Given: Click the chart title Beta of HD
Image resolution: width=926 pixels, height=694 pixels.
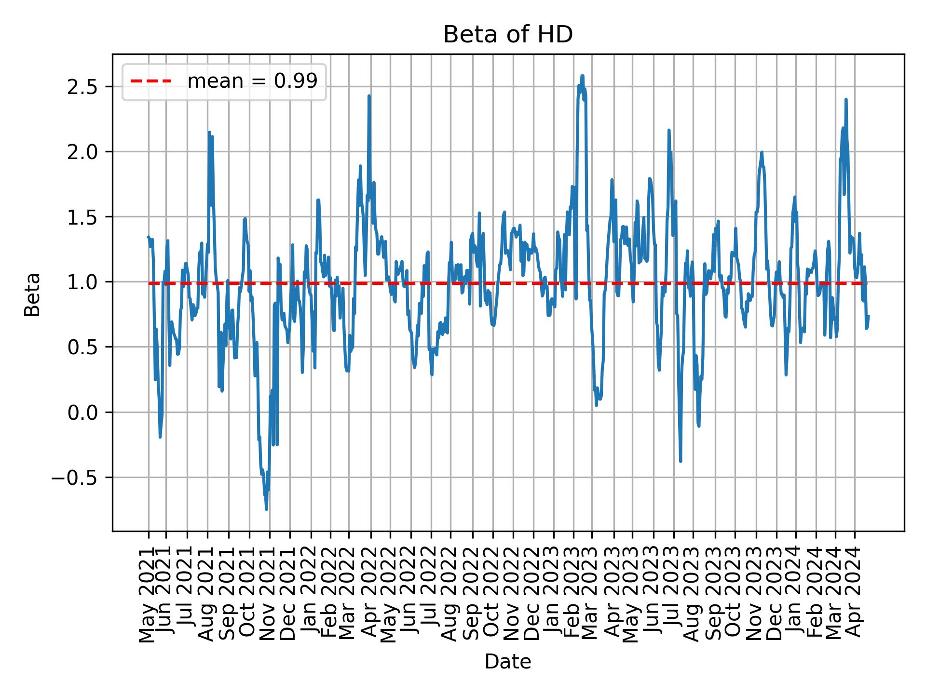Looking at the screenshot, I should pos(508,35).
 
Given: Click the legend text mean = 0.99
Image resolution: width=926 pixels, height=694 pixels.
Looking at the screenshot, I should pos(252,81).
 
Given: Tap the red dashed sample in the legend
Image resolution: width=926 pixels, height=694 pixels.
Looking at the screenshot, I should pos(151,81).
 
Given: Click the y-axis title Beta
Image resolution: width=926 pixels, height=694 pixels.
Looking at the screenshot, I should pos(32,294).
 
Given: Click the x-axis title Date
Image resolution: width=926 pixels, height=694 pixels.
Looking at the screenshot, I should pos(508,662).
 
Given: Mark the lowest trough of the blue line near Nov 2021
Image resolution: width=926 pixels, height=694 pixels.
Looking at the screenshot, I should pos(266,509).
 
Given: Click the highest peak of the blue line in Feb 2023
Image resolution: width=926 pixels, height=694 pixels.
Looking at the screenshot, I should pos(583,76).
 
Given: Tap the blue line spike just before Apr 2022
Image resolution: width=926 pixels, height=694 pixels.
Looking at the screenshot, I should pos(369,96).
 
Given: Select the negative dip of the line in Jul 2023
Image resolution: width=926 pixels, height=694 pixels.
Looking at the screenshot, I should pos(681,461).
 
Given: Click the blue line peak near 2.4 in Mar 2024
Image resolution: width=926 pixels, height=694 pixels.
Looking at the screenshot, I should pos(846,99).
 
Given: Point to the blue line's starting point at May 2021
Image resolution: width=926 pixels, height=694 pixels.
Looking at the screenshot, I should pos(148,236).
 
